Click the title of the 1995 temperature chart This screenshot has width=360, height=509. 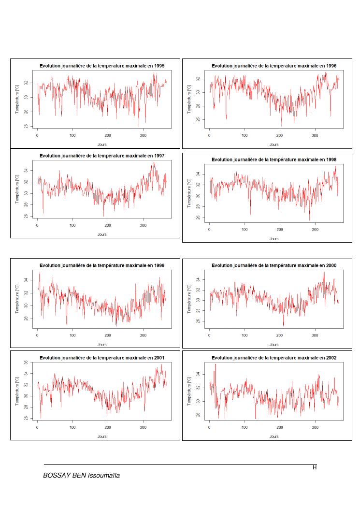pyautogui.click(x=102, y=66)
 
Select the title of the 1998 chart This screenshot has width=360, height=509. pyautogui.click(x=274, y=160)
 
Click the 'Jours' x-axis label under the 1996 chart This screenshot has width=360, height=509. pyautogui.click(x=274, y=144)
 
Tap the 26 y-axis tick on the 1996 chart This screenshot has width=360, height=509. pyautogui.click(x=197, y=119)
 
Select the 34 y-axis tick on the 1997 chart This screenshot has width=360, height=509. pyautogui.click(x=25, y=170)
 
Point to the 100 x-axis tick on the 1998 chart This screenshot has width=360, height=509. pyautogui.click(x=245, y=229)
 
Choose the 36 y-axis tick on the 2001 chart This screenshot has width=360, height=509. pyautogui.click(x=25, y=363)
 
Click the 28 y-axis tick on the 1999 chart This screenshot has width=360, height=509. pyautogui.click(x=25, y=319)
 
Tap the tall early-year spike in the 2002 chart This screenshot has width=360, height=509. pyautogui.click(x=215, y=365)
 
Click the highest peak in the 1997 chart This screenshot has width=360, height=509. pyautogui.click(x=154, y=163)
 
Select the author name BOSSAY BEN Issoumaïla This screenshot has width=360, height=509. pyautogui.click(x=82, y=476)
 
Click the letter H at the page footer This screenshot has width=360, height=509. pyautogui.click(x=315, y=467)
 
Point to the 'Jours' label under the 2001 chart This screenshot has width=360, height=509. pyautogui.click(x=102, y=436)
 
